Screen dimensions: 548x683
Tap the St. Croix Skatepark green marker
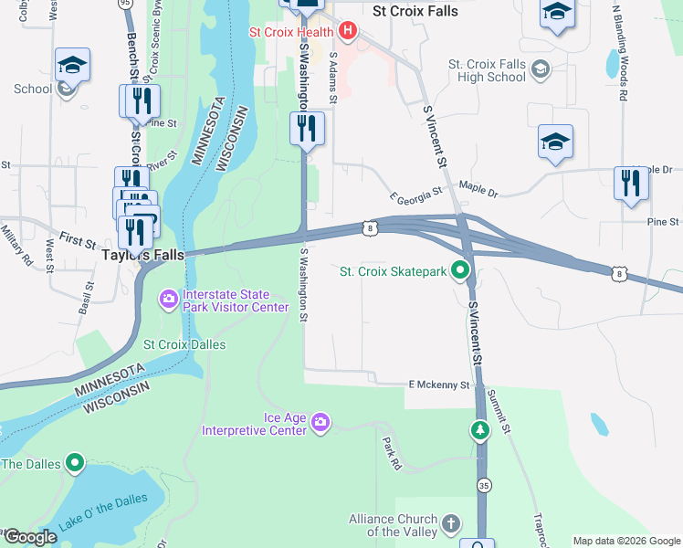[x=462, y=270]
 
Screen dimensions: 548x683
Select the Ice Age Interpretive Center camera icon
[x=320, y=422]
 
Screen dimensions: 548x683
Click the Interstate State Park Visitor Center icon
[x=168, y=300]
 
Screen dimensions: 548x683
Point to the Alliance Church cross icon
[x=449, y=524]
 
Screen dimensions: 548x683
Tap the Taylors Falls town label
[x=142, y=256]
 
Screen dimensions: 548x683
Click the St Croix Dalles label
[x=184, y=344]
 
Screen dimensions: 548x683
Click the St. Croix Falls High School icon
[x=541, y=69]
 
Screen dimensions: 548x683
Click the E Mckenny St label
[x=438, y=385]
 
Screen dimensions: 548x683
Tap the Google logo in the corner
[x=29, y=538]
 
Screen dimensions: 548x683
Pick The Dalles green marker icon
[x=75, y=464]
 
